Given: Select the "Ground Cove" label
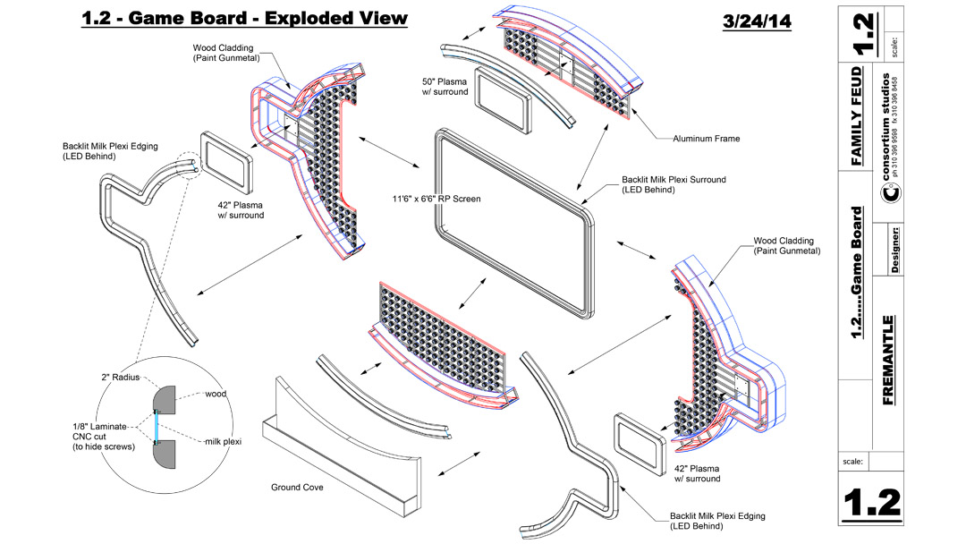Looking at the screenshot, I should coord(297,488).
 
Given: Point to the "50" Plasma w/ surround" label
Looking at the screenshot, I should coord(445,86).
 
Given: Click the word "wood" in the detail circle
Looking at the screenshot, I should coord(216,393).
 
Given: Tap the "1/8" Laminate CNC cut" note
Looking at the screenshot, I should coord(101,436).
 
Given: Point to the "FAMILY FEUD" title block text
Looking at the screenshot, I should coord(857,115).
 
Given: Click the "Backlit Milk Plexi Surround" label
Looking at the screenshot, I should coord(674,184).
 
